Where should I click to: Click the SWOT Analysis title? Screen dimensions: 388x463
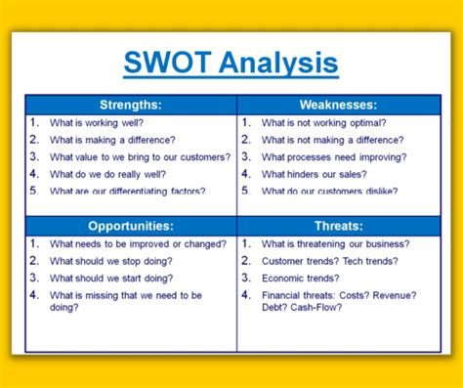pyautogui.click(x=231, y=64)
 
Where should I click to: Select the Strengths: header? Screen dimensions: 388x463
pyautogui.click(x=130, y=105)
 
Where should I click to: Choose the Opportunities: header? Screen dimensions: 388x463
pyautogui.click(x=130, y=226)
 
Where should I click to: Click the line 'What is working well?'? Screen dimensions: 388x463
pyautogui.click(x=96, y=123)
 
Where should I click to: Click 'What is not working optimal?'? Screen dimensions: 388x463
pyautogui.click(x=322, y=123)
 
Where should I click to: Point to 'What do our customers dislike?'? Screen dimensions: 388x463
pyautogui.click(x=332, y=191)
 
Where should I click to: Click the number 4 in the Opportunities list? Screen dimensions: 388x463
pyautogui.click(x=34, y=294)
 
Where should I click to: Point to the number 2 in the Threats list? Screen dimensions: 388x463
pyautogui.click(x=245, y=261)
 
